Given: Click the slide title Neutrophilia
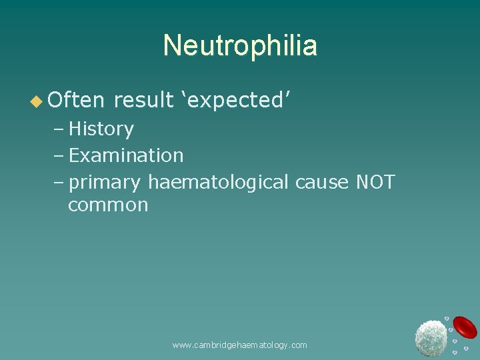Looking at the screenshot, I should (x=240, y=46).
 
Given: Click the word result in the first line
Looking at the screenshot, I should (x=143, y=100).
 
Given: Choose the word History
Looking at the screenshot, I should (x=101, y=129).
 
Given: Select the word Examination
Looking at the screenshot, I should (x=126, y=155).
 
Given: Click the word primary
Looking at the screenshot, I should (x=105, y=182).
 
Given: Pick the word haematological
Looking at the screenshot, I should (x=218, y=182).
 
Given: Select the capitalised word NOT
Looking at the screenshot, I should (x=376, y=182).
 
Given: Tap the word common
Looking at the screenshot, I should (x=108, y=205).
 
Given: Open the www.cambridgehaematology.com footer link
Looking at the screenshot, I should (x=239, y=345).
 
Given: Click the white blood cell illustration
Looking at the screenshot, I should (x=431, y=337).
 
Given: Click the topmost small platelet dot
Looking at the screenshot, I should (x=447, y=319).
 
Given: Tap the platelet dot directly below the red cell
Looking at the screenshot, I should (x=466, y=348).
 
